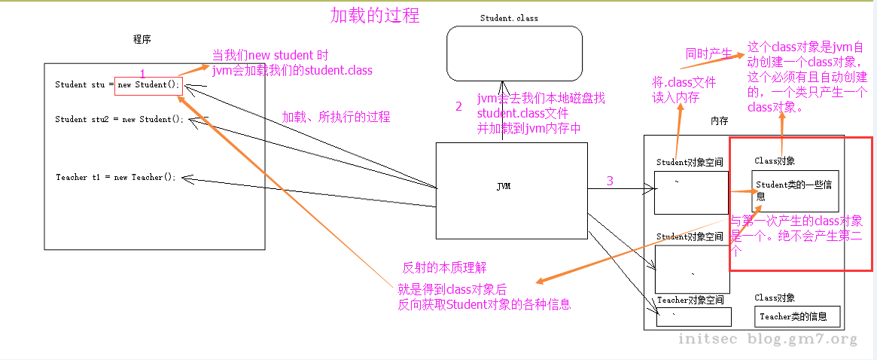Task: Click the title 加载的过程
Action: coord(375,15)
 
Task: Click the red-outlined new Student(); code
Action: coord(148,84)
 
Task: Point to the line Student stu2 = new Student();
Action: coord(119,119)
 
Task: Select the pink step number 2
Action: coord(458,107)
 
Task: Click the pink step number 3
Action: coord(610,181)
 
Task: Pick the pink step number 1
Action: coord(143,73)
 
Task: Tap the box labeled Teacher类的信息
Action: coord(797,317)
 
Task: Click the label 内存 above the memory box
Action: coord(720,121)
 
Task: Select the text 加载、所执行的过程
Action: coord(336,117)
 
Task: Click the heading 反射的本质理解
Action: coord(444,268)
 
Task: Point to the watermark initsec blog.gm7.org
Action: coord(768,339)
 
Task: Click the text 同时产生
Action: coord(708,53)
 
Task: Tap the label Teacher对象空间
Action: coord(690,300)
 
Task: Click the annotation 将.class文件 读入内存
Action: coord(684,90)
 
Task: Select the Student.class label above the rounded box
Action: coord(509,18)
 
